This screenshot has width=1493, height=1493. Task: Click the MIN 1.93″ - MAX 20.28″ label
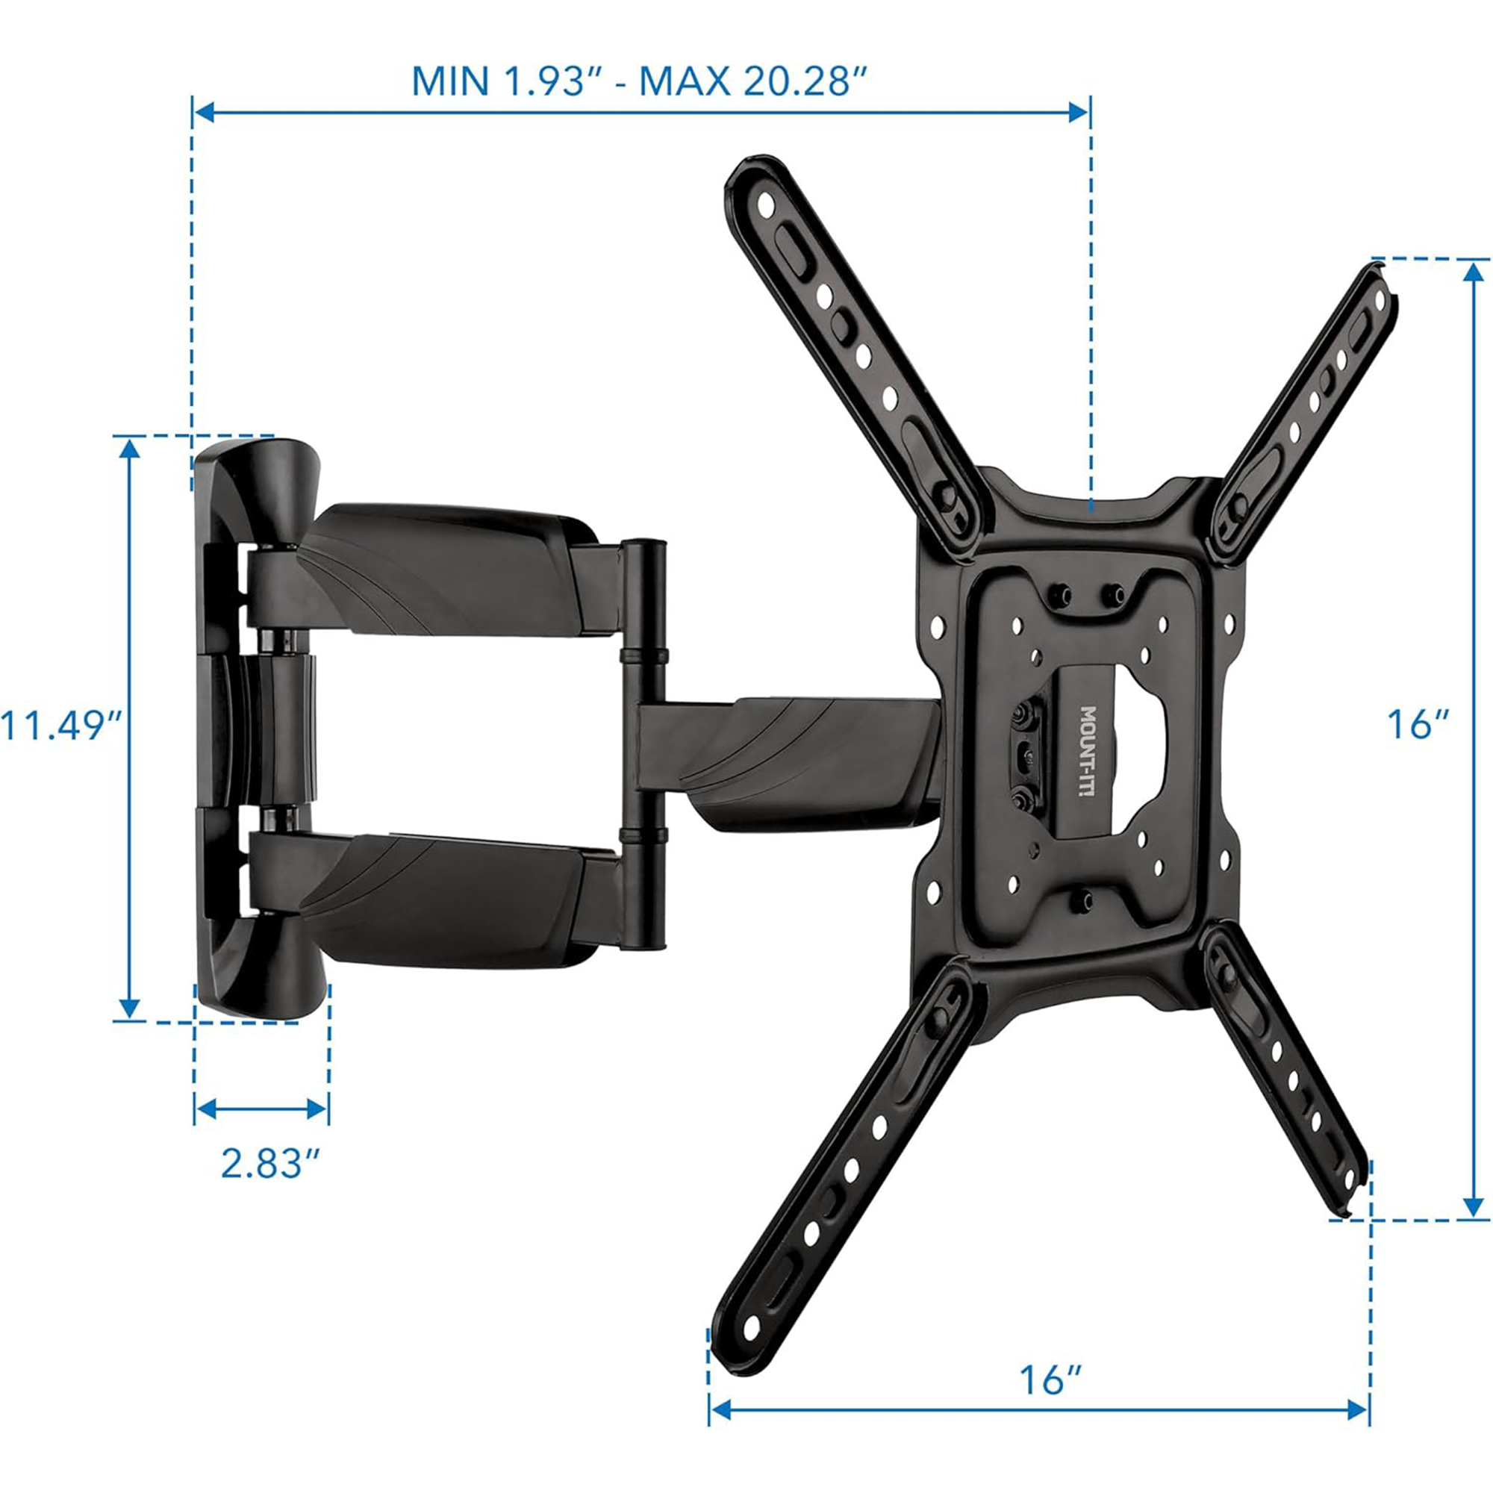(638, 81)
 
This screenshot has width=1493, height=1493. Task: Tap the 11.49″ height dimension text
(62, 726)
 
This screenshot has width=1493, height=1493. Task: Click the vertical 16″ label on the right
(1418, 725)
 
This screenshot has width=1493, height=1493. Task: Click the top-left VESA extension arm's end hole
(766, 205)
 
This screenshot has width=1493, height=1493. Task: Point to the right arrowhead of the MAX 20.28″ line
(1079, 113)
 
